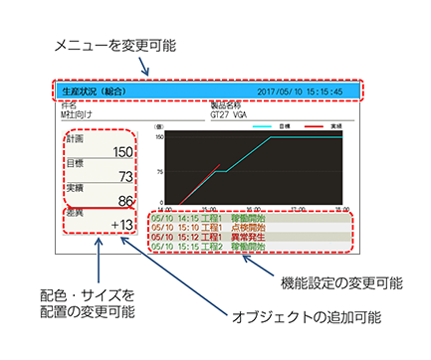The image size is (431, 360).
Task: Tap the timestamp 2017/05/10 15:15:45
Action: point(299,90)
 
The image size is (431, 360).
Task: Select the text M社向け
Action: point(76,113)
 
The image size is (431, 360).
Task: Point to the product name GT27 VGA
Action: point(232,113)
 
